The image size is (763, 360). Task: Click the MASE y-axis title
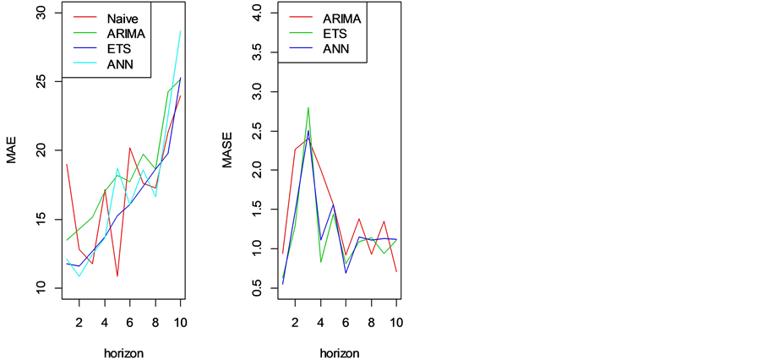point(227,150)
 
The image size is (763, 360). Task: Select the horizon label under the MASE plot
point(340,352)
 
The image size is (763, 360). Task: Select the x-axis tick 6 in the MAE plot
point(130,322)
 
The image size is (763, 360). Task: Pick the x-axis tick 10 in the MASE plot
point(395,322)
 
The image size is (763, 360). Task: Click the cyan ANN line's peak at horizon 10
point(181,31)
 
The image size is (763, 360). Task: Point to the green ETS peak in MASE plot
point(308,107)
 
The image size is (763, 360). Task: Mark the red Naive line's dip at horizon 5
point(117,276)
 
